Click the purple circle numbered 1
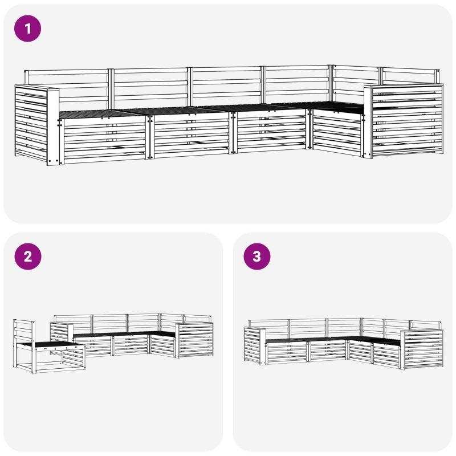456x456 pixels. [x=27, y=28]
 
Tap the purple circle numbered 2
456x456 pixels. [x=27, y=256]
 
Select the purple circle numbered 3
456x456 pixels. [x=257, y=256]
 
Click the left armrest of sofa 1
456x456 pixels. [x=37, y=124]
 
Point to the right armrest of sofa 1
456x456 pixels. [x=404, y=120]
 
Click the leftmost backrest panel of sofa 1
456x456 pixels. [x=67, y=89]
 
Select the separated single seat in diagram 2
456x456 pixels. [x=50, y=346]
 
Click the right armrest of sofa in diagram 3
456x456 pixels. [x=422, y=349]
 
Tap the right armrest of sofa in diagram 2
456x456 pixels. [x=194, y=340]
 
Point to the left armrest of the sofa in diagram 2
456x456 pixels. [x=62, y=335]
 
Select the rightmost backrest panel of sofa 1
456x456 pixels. [x=410, y=76]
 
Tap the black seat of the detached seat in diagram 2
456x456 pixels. [x=50, y=345]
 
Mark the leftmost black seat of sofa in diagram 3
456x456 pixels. [x=286, y=340]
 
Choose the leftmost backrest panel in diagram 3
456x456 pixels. [x=269, y=325]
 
